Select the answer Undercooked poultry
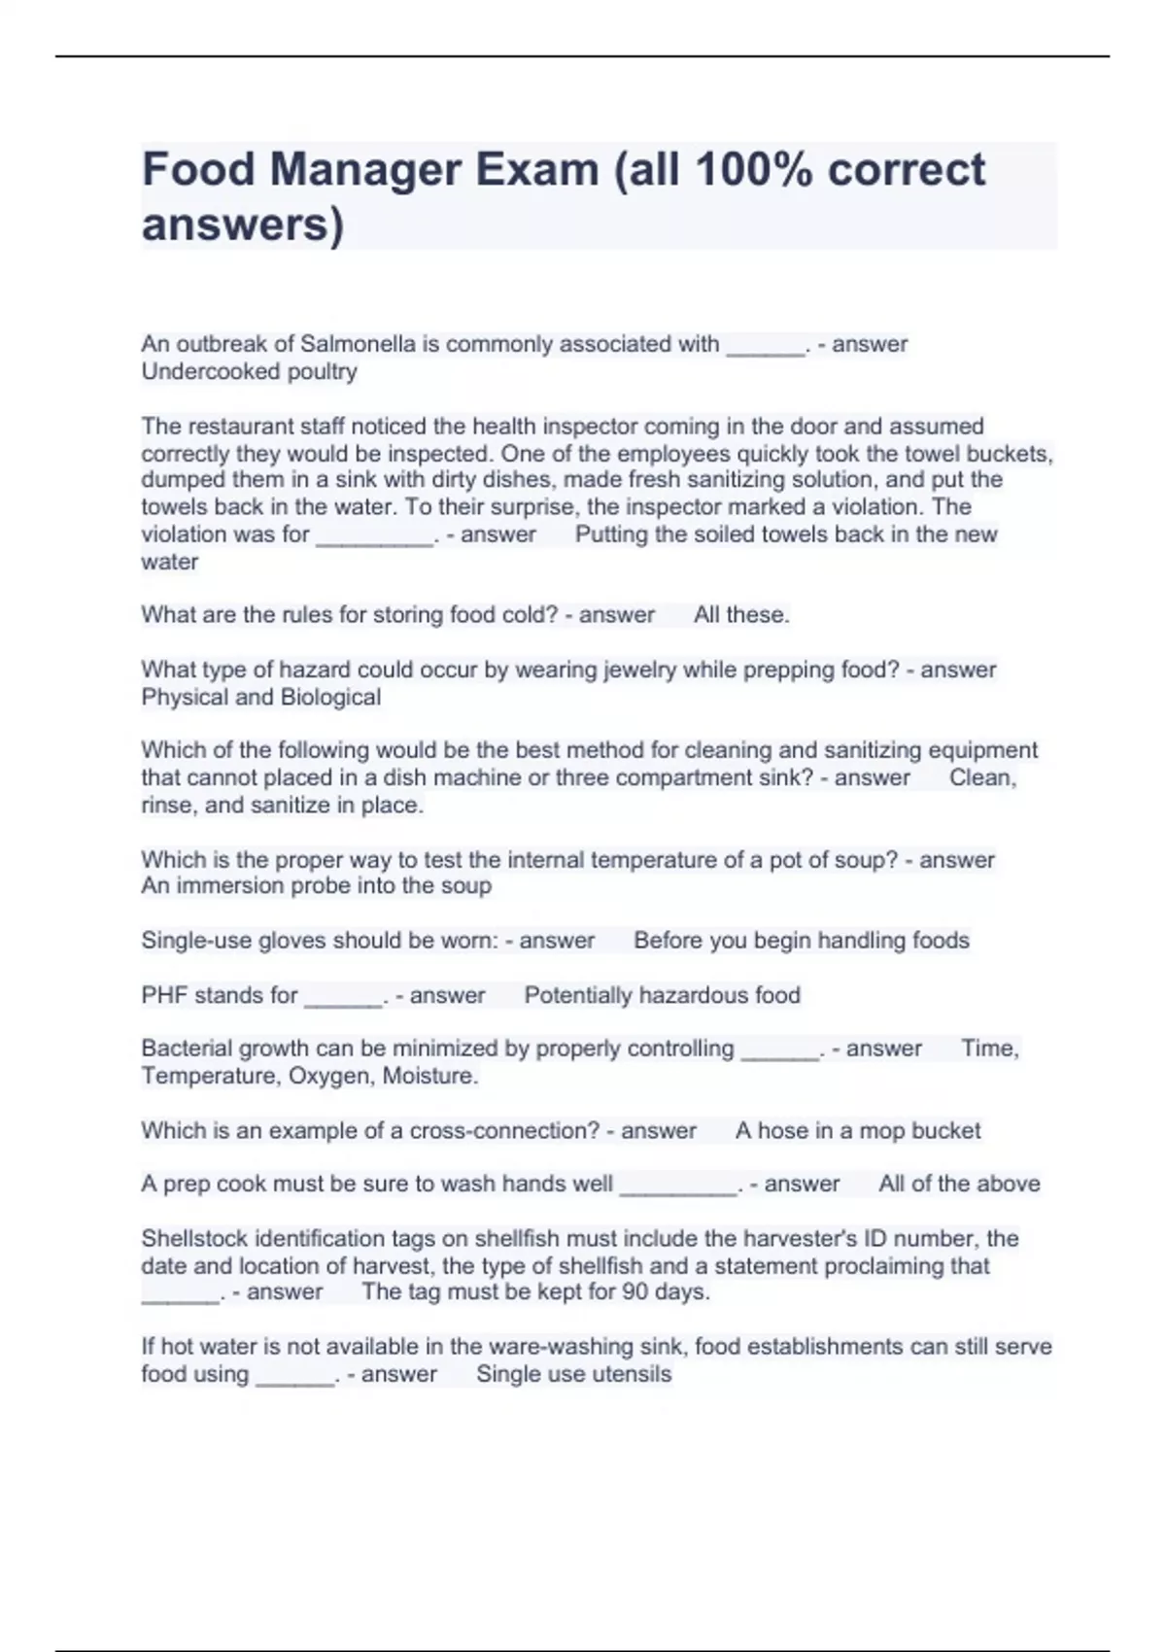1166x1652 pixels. [x=249, y=371]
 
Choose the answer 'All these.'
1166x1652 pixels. [x=741, y=615]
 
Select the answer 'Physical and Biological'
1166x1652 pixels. [x=260, y=697]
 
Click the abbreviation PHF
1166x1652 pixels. [x=164, y=995]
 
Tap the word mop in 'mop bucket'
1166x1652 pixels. [x=881, y=1131]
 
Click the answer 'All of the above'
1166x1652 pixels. [x=959, y=1184]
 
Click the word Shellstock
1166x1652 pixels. [x=194, y=1239]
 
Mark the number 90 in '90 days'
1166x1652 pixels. [x=632, y=1292]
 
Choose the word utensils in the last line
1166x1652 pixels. [x=633, y=1374]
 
